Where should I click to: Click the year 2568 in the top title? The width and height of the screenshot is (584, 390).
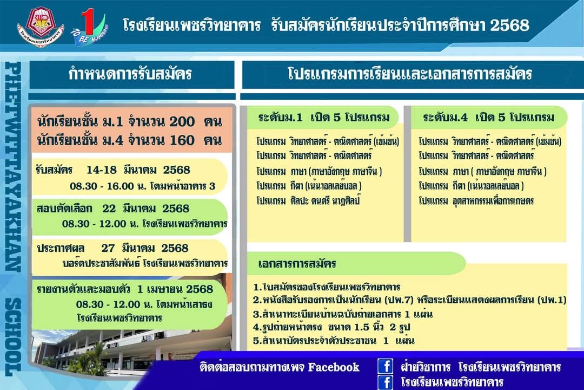tap(509, 25)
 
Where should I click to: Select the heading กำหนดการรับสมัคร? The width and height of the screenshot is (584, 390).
tap(130, 74)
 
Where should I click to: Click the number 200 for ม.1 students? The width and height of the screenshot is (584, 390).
tap(182, 122)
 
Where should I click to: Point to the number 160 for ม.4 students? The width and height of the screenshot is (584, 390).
tap(182, 140)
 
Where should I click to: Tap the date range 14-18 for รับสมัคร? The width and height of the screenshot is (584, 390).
tap(102, 170)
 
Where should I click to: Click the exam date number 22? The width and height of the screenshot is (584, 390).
tap(109, 208)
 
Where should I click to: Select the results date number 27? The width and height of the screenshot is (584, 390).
tap(108, 248)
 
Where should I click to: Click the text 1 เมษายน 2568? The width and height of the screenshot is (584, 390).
tap(175, 289)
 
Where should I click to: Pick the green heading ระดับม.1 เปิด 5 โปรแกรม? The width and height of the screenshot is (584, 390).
tap(324, 118)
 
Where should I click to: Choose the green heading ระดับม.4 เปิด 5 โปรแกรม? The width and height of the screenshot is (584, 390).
tap(489, 118)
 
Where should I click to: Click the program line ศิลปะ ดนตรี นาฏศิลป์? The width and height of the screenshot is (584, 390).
tap(308, 200)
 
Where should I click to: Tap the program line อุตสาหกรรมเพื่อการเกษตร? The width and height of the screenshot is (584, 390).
tap(476, 201)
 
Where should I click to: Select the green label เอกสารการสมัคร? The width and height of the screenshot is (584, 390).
tap(297, 264)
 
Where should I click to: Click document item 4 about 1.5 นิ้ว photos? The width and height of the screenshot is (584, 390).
tap(331, 327)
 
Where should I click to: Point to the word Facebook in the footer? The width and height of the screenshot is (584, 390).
tap(334, 367)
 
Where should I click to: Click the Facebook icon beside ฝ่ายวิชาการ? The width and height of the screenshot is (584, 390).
tap(385, 366)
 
